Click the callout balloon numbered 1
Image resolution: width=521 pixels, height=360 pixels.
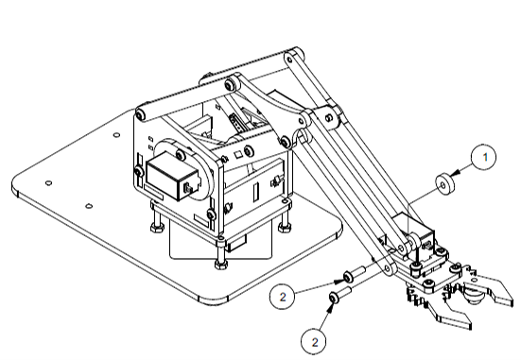click(484, 158)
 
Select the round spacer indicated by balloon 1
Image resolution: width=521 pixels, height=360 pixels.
click(444, 183)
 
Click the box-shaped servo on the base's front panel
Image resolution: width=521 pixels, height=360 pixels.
click(173, 178)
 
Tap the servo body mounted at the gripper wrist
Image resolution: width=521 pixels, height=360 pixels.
click(415, 233)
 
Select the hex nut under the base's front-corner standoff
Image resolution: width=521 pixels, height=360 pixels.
click(220, 265)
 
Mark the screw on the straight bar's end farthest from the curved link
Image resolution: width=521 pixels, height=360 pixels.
click(140, 115)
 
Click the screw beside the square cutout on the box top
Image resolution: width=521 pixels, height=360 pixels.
click(248, 151)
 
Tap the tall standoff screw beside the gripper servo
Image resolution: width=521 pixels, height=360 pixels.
click(415, 263)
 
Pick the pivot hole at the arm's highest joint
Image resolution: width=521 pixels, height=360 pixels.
click(289, 60)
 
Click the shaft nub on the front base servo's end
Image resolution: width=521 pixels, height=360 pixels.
click(188, 188)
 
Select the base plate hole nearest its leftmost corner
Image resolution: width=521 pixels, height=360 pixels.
click(48, 183)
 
